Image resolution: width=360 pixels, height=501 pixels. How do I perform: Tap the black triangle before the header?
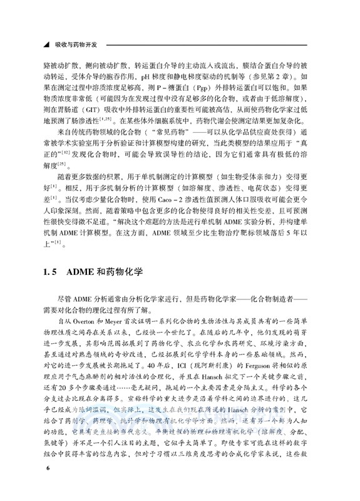click(44, 46)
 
